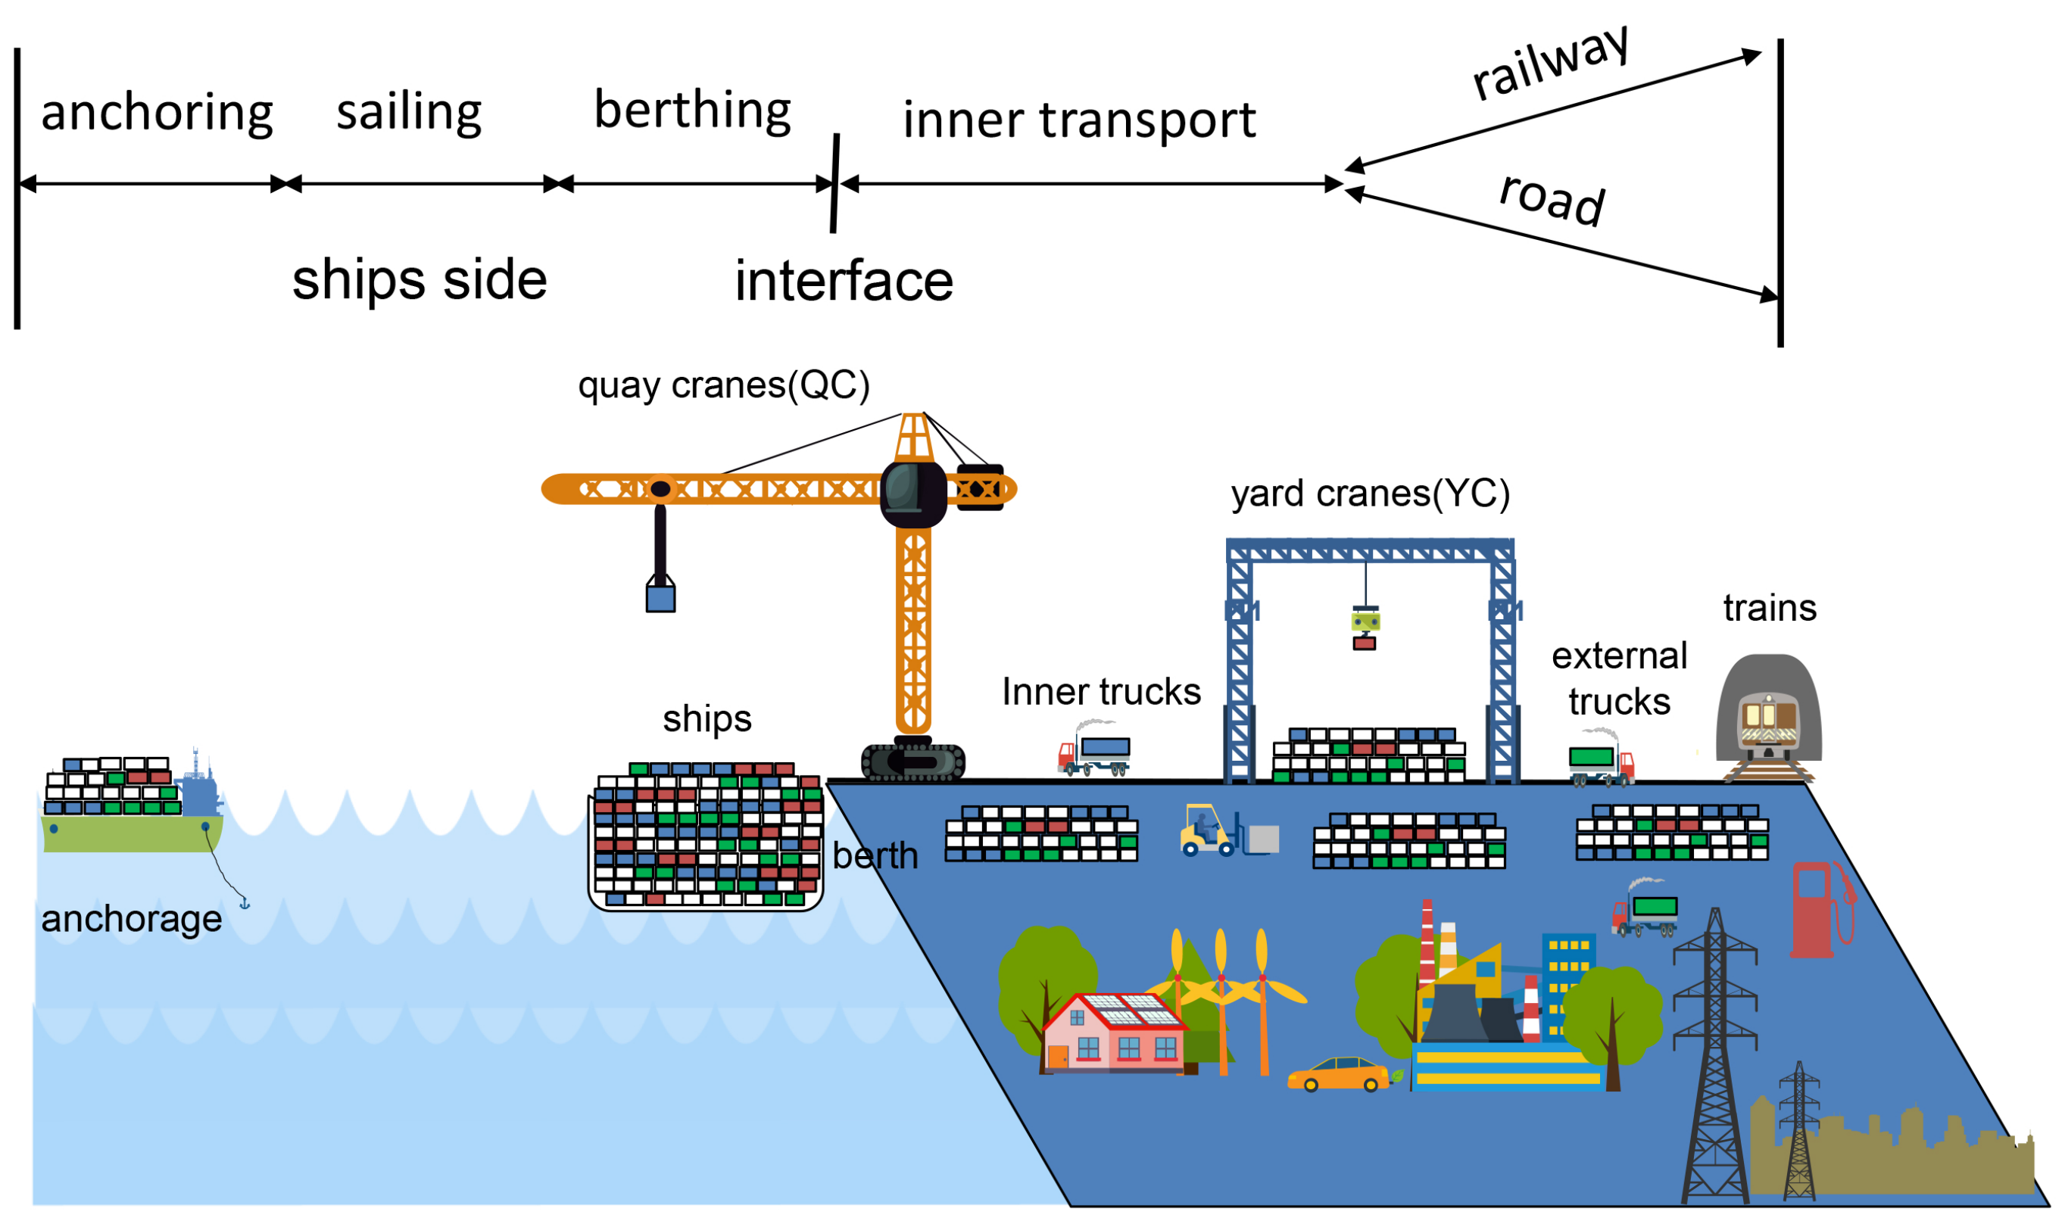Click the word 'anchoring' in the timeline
click(157, 113)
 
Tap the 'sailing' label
click(409, 111)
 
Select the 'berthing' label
click(692, 110)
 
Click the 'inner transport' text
click(1079, 120)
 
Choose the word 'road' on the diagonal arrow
click(1552, 200)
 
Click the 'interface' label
click(844, 282)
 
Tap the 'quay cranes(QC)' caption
click(723, 386)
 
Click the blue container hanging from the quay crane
click(661, 598)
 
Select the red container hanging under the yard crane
click(1365, 643)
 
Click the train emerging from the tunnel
click(1767, 725)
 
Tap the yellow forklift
click(1208, 831)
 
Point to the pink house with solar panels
click(1114, 1034)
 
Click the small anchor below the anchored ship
click(244, 904)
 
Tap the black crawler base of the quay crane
click(913, 761)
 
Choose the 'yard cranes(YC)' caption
click(1371, 495)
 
